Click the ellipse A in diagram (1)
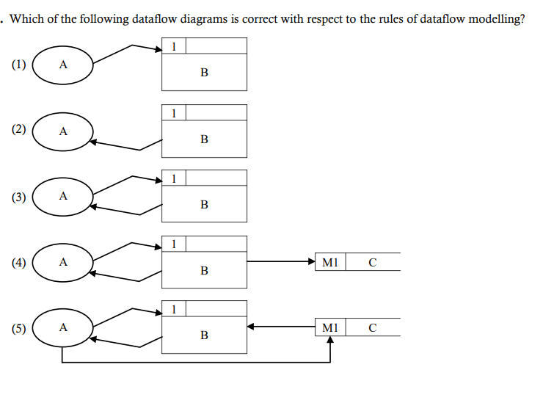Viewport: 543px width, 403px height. click(62, 65)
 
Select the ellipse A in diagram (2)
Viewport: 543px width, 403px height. click(62, 131)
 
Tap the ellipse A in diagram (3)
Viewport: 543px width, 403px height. click(62, 197)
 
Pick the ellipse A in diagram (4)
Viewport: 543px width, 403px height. click(62, 262)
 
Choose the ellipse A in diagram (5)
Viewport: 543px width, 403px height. click(62, 328)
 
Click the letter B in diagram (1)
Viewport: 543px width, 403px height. click(204, 73)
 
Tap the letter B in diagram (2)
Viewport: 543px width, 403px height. click(204, 139)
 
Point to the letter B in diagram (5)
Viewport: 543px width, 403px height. click(204, 335)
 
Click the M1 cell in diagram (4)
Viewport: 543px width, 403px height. click(329, 262)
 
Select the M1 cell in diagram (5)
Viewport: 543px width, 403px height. click(329, 327)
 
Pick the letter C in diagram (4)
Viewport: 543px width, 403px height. click(372, 262)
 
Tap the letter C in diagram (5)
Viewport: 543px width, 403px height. click(372, 327)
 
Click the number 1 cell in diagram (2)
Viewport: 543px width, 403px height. click(173, 112)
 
